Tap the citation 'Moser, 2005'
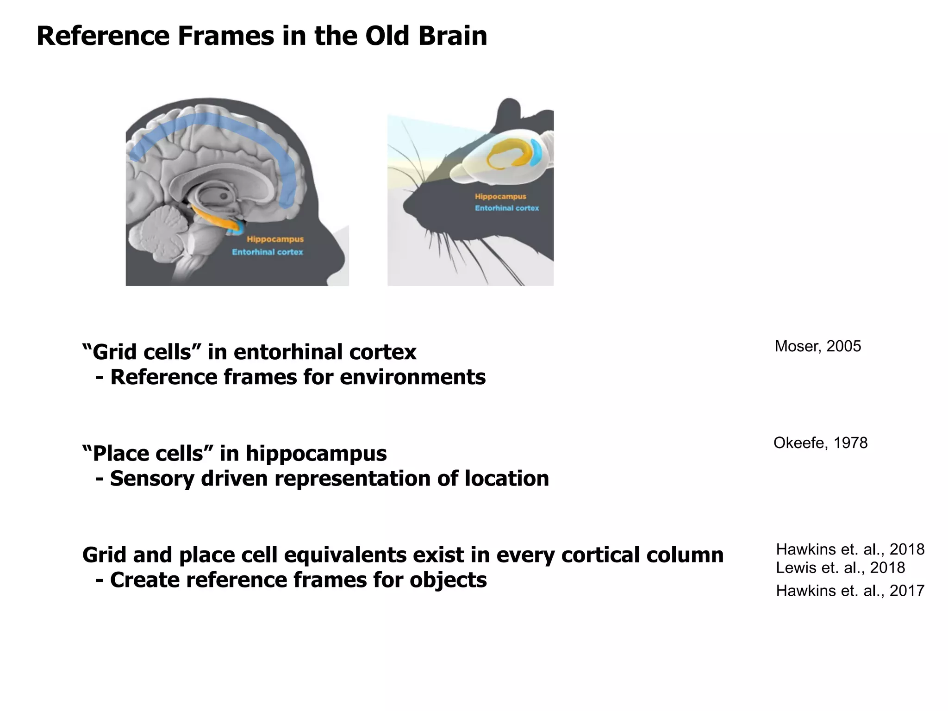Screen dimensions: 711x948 [x=817, y=346]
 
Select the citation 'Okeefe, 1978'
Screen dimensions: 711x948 [x=820, y=443]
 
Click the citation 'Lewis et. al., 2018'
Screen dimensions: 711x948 [x=840, y=568]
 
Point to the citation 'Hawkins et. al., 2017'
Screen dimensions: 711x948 [x=850, y=591]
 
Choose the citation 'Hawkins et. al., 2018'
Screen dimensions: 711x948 [x=850, y=549]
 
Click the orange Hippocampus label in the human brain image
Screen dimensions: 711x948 [x=275, y=239]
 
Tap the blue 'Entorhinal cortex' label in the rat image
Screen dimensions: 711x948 [x=506, y=208]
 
